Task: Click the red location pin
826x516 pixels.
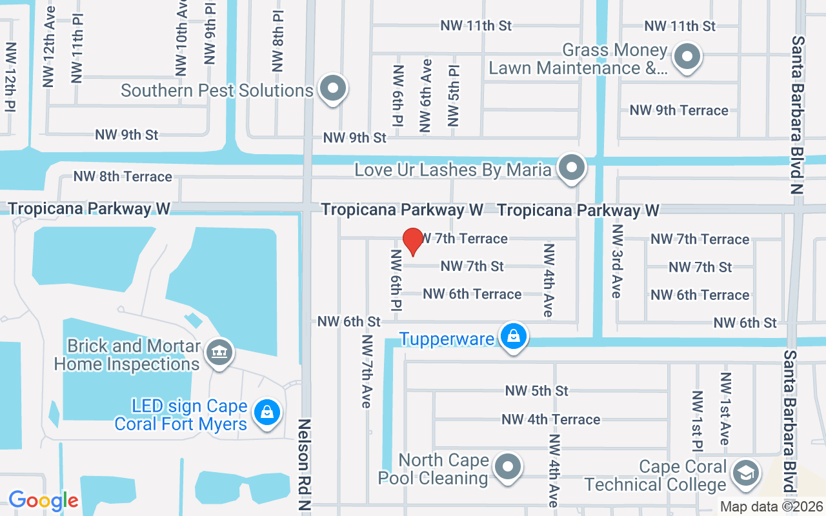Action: (412, 242)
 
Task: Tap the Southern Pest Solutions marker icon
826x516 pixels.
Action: (333, 88)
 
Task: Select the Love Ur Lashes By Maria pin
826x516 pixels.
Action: (571, 168)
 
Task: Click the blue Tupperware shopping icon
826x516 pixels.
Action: (513, 337)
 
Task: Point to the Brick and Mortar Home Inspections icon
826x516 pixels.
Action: (219, 353)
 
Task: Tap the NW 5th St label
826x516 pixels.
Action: (536, 391)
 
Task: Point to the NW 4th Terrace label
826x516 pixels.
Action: (550, 419)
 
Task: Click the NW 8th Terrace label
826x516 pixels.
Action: (123, 177)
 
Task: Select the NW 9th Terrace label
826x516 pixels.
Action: (679, 110)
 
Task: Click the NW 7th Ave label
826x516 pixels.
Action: (367, 372)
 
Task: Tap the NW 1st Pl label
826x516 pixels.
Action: (698, 421)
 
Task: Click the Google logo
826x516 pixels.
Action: (43, 501)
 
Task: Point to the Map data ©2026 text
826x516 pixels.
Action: (771, 507)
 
